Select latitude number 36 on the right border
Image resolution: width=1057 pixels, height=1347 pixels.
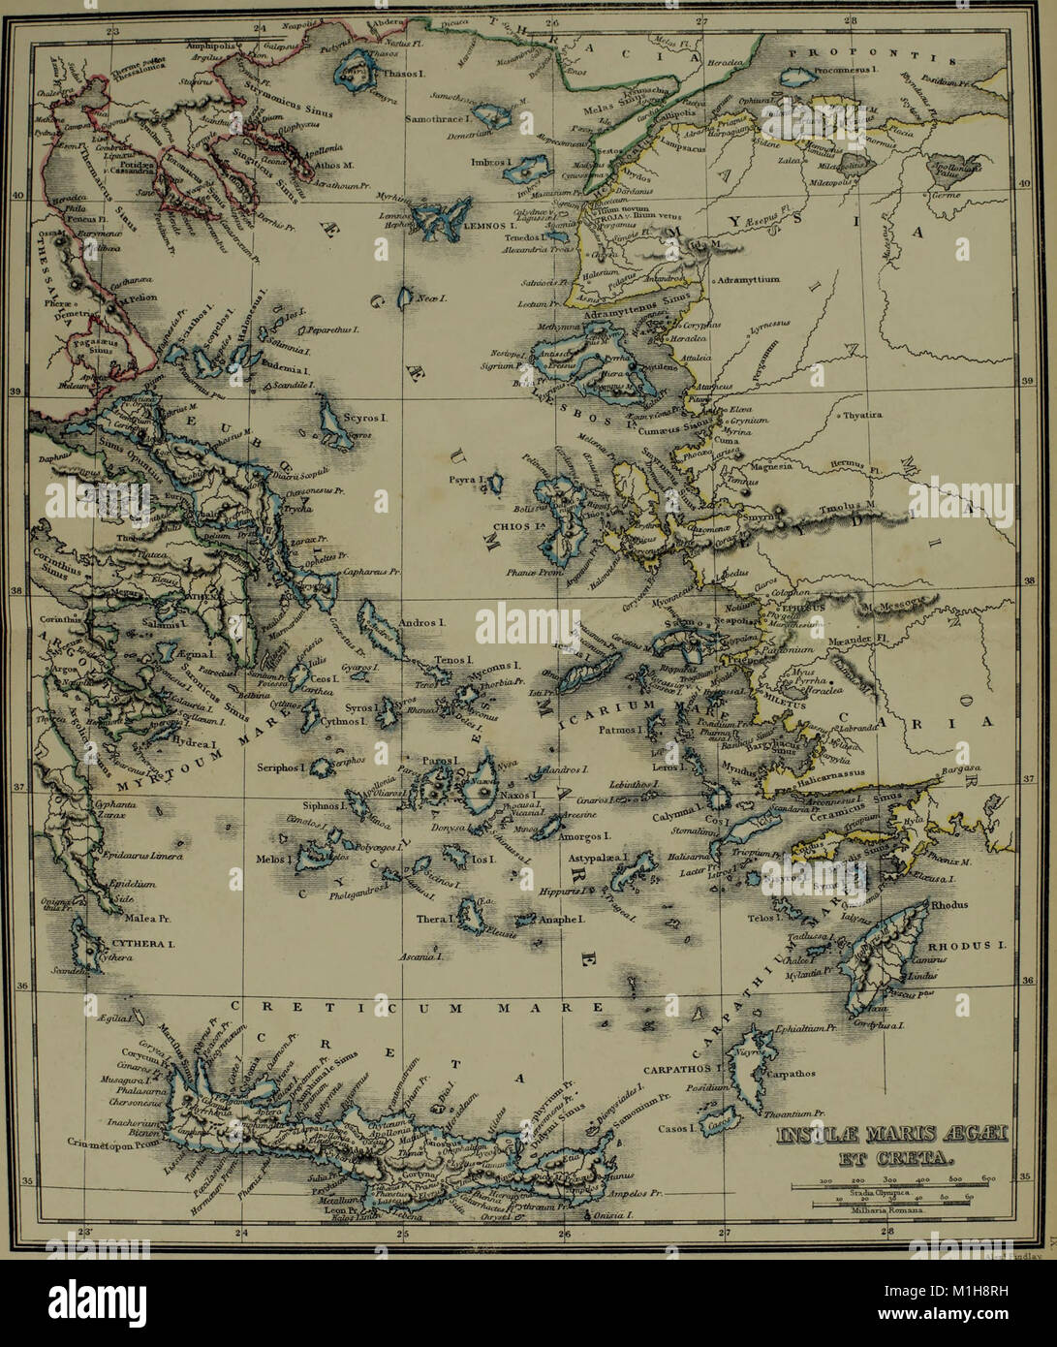(1028, 981)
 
